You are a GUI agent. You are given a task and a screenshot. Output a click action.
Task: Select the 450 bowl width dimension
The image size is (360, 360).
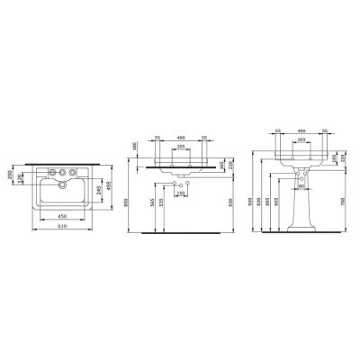[61, 217]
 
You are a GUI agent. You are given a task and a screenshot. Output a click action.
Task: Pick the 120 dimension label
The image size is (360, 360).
[19, 179]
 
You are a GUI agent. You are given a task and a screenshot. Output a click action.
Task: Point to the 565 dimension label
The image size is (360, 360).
[150, 205]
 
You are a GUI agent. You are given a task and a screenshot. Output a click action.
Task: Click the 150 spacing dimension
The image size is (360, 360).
[179, 194]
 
